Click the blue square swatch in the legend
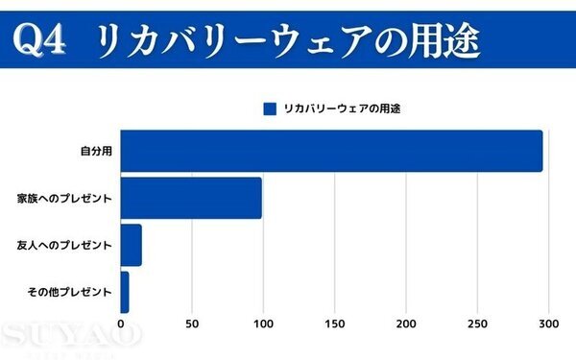pyautogui.click(x=270, y=108)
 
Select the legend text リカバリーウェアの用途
pyautogui.click(x=341, y=108)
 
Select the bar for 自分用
pyautogui.click(x=331, y=151)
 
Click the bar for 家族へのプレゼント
pyautogui.click(x=191, y=198)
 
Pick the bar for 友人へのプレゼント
pyautogui.click(x=131, y=245)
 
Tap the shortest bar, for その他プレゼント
pyautogui.click(x=124, y=292)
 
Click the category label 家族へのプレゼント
pyautogui.click(x=65, y=199)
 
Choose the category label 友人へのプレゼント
pyautogui.click(x=65, y=246)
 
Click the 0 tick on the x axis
pyautogui.click(x=121, y=324)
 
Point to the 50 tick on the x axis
pyautogui.click(x=192, y=324)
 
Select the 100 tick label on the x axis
pyautogui.click(x=263, y=324)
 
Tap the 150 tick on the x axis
pyautogui.click(x=335, y=324)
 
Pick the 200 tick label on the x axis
pyautogui.click(x=406, y=324)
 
